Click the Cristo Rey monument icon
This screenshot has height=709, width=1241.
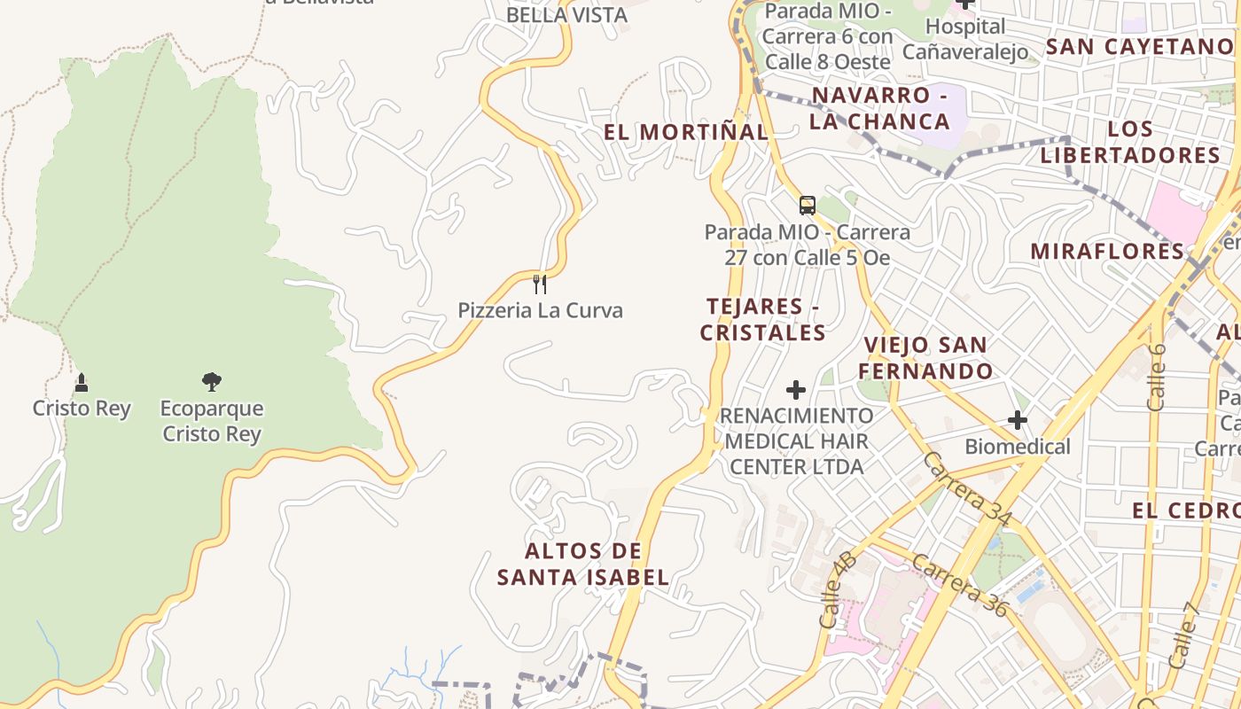coord(82,383)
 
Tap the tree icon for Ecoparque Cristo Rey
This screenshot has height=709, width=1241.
coord(211,382)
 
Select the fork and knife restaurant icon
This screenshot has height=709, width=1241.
coord(539,284)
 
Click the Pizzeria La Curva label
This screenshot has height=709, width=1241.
coord(540,310)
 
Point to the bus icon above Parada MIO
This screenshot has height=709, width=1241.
coord(807,206)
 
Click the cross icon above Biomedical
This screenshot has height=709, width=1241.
coord(1018,420)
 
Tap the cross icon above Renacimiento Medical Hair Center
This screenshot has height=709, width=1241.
coord(796,390)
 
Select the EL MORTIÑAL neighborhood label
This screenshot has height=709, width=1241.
coord(686,132)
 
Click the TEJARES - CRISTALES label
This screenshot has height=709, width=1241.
coord(763,320)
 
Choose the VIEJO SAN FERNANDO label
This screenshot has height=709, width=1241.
coord(925,358)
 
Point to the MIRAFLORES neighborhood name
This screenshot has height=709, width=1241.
coord(1107,251)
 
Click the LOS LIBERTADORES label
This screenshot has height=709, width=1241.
coord(1130,142)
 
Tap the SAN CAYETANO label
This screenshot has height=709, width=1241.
coord(1140,47)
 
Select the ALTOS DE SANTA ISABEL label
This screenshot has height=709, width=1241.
coord(582,565)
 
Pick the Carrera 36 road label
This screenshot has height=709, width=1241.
coord(960,585)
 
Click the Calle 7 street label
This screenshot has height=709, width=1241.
coord(1183,635)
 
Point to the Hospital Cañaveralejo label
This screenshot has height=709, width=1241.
coord(965,39)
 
